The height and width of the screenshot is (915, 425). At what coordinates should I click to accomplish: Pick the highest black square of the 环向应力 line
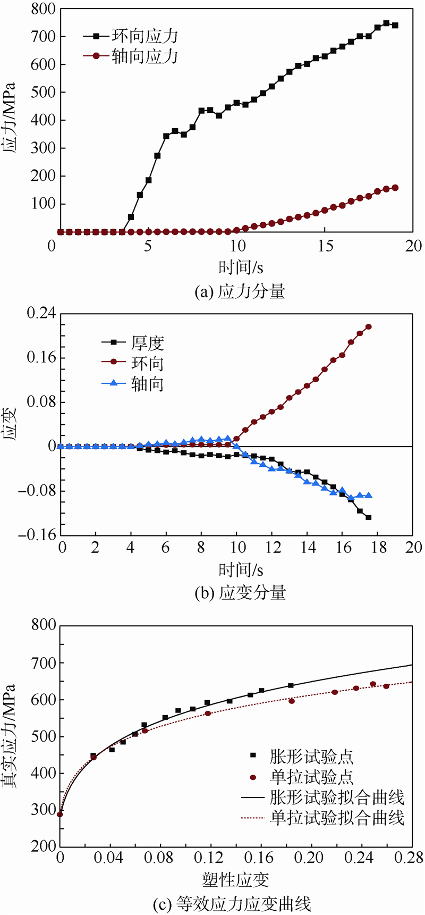pos(386,23)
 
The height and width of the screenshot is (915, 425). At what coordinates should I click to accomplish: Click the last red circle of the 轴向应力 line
pos(395,188)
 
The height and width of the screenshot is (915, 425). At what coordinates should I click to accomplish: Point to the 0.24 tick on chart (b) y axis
pos(41,313)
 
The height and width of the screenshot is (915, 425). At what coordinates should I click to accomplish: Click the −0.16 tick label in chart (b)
pos(37,535)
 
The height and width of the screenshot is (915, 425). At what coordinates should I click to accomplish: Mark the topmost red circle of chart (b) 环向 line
pos(369,327)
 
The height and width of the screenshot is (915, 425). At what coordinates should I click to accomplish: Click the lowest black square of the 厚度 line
pos(369,517)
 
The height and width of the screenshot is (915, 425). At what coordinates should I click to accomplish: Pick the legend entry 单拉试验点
pos(311,777)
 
